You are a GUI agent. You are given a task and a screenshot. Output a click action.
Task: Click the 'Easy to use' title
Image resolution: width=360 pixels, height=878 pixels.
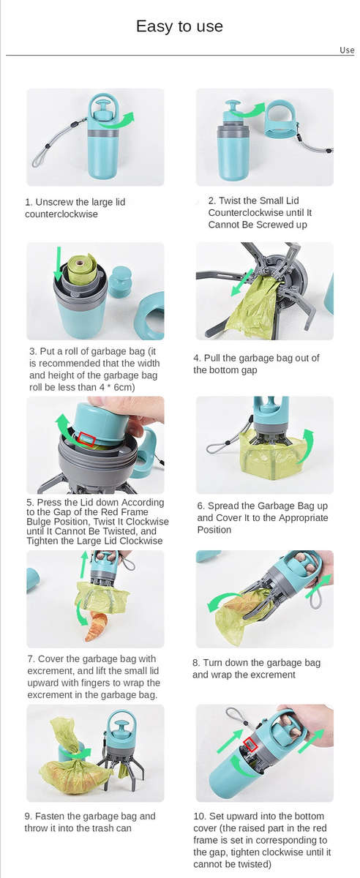(x=179, y=26)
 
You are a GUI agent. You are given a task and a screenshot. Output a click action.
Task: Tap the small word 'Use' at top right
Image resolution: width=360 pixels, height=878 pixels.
(x=347, y=50)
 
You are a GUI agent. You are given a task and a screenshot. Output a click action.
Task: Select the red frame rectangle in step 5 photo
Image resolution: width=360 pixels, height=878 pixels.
(x=86, y=439)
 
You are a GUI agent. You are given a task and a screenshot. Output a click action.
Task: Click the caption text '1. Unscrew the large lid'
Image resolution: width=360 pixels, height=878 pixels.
(x=80, y=202)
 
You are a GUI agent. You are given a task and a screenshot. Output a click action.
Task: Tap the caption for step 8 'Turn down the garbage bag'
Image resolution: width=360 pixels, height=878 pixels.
(x=256, y=662)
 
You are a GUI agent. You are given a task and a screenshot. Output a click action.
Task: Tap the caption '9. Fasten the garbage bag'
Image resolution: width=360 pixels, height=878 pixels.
(x=90, y=816)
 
